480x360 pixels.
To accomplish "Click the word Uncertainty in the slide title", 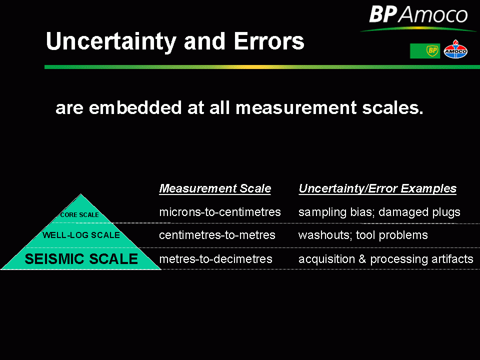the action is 111,41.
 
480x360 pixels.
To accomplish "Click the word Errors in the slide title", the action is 269,41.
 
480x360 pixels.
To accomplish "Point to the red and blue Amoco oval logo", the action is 455,49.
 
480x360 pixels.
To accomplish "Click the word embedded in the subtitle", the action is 135,108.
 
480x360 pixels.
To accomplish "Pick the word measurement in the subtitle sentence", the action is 296,108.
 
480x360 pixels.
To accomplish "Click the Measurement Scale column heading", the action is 215,188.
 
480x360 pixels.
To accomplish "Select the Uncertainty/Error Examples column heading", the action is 377,188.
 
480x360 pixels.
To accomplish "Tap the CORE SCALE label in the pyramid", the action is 79,214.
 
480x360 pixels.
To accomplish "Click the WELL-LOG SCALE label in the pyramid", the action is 81,235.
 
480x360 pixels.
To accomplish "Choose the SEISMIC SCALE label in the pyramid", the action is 81,259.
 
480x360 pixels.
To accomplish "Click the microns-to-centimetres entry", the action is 220,212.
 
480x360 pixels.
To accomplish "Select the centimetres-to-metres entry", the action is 217,235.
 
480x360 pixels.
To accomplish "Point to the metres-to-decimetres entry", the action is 216,259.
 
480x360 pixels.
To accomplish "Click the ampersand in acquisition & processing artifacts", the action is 362,259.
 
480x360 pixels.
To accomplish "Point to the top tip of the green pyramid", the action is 81,194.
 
